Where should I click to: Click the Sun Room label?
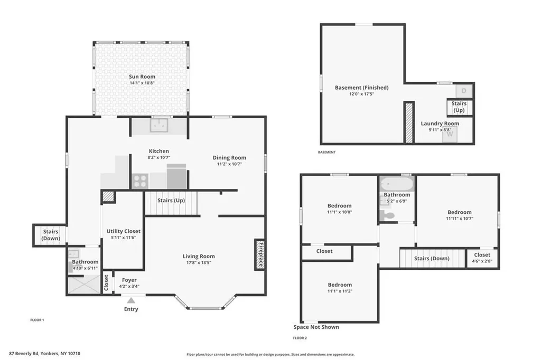(x=142, y=77)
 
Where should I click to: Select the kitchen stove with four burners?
(x=140, y=181)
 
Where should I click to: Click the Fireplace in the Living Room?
(x=260, y=254)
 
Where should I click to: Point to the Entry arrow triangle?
(x=131, y=300)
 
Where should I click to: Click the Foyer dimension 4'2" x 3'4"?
(x=129, y=286)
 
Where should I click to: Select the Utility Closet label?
(x=123, y=231)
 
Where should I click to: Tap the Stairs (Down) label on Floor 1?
(x=51, y=235)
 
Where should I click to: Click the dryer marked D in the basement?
(x=464, y=91)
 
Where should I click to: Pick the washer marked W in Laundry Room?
(x=450, y=135)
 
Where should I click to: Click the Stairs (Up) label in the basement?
(x=459, y=107)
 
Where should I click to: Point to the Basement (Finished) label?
(x=361, y=88)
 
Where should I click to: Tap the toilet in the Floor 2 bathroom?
(x=387, y=215)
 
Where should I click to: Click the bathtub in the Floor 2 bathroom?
(x=396, y=184)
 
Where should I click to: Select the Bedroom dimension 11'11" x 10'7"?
(x=459, y=219)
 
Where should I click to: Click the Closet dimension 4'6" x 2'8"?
(x=482, y=261)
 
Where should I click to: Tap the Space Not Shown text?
(x=316, y=327)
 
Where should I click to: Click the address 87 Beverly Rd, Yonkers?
(x=44, y=354)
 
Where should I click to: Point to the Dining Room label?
(x=229, y=158)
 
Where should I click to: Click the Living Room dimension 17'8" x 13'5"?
(x=199, y=262)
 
